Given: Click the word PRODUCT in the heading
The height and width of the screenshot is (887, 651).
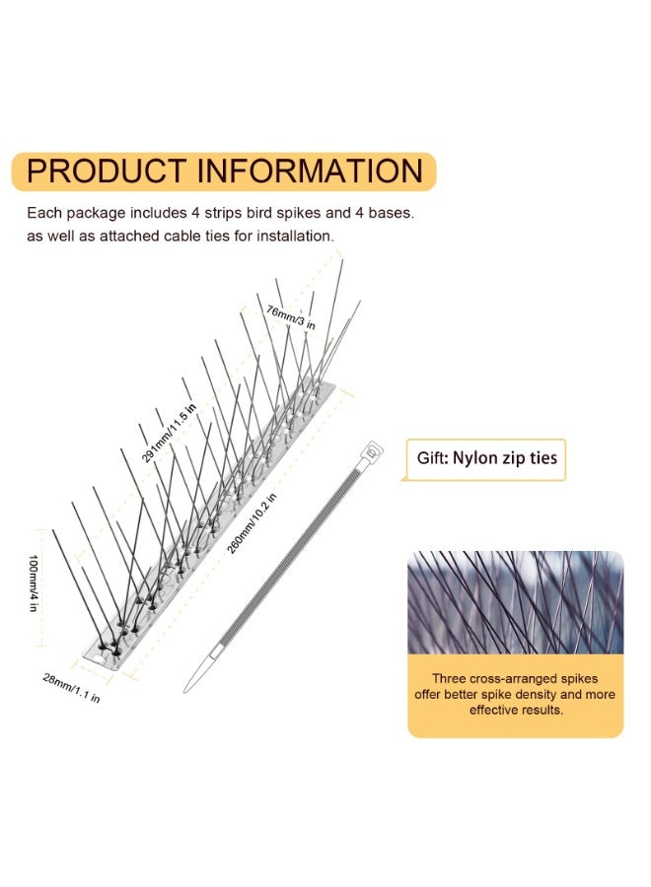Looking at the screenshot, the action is pos(107,171).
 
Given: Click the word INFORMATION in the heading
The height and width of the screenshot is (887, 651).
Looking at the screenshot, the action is pos(311,171).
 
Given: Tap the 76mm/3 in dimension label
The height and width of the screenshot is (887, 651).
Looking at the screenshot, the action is pos(291,316).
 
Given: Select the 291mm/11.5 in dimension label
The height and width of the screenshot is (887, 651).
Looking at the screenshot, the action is pos(168,433).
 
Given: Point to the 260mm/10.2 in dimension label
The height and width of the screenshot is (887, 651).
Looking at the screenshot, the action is pos(251,523).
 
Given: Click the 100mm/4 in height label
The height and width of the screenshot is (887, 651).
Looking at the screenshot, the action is pos(33,582).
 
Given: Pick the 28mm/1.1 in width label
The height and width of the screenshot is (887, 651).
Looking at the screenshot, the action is pos(71,687).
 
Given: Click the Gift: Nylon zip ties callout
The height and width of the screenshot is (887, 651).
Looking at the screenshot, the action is pos(486,458).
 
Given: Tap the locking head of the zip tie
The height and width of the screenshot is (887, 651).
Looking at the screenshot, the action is pos(372,451).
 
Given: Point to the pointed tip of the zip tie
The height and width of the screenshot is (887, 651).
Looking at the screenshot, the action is pos(185,689).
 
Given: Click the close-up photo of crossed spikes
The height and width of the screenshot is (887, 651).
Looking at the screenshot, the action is pos(515,602).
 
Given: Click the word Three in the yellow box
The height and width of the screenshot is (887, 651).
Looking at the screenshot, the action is pos(449,678).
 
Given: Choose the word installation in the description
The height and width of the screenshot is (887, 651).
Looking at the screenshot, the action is pos(294,236).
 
